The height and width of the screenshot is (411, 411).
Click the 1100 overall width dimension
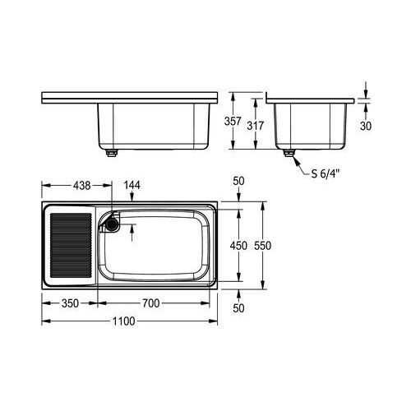click(124, 321)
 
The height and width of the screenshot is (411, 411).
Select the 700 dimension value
click(150, 303)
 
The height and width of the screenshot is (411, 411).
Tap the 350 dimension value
click(70, 303)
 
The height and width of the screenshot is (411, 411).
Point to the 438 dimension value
click(82, 186)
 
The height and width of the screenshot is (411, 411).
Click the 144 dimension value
click(132, 185)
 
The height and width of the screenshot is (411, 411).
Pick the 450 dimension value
click(238, 246)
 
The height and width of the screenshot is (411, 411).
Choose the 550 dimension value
click(262, 246)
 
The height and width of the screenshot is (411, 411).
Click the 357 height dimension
click(233, 122)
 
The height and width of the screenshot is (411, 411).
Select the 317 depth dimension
click(256, 126)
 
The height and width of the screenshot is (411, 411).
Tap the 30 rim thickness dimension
click(366, 126)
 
